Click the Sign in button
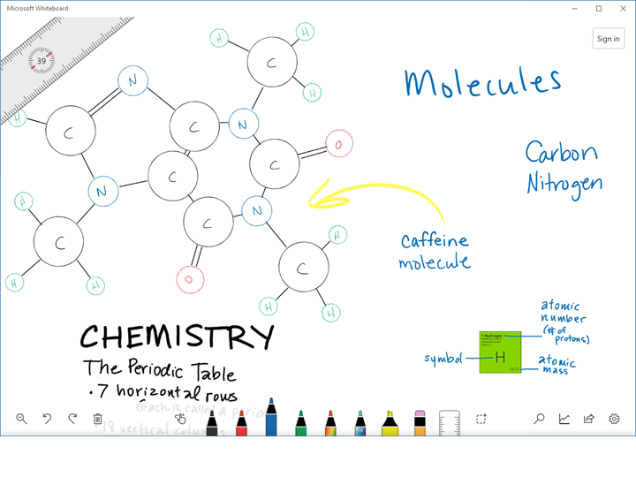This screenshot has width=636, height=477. click(x=608, y=39)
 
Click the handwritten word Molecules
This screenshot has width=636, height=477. click(x=482, y=82)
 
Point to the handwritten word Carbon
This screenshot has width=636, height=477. click(x=561, y=153)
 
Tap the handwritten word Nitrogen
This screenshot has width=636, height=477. click(x=564, y=183)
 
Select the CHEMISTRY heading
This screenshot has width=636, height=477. click(x=177, y=337)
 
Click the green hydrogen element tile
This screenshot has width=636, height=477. click(x=500, y=352)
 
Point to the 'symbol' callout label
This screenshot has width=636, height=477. click(x=443, y=359)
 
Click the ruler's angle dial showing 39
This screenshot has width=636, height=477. click(x=42, y=61)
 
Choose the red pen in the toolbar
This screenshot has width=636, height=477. click(x=241, y=422)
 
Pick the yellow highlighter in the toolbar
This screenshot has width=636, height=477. click(x=390, y=422)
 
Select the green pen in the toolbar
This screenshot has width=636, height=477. click(x=300, y=422)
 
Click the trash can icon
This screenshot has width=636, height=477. click(x=98, y=419)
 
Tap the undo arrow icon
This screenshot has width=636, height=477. click(x=47, y=419)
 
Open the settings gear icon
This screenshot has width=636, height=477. click(x=615, y=419)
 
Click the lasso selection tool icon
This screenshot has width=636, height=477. click(x=481, y=419)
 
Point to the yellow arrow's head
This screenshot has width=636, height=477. click(x=317, y=199)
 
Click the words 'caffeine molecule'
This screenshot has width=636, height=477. click(x=435, y=251)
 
